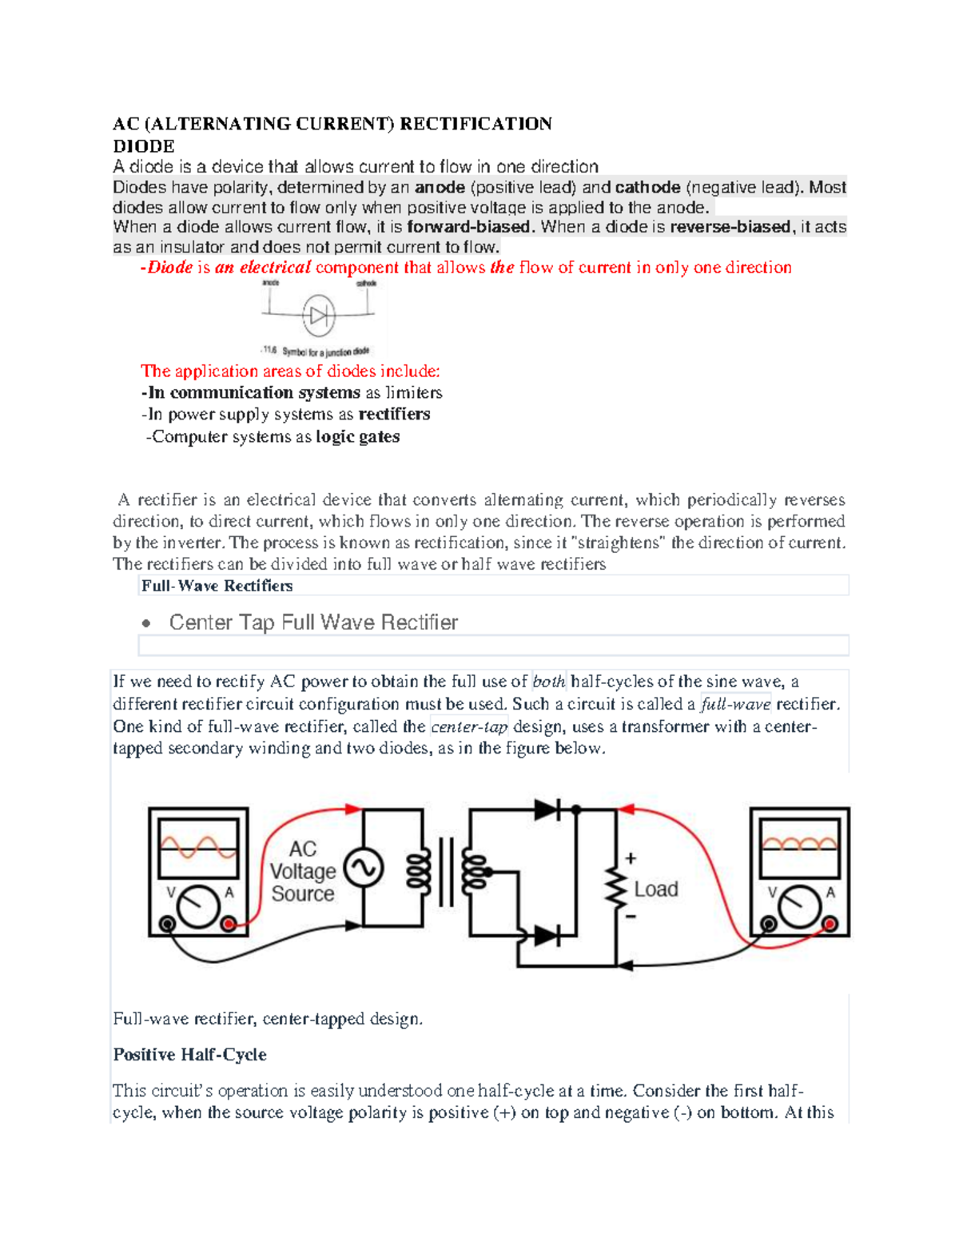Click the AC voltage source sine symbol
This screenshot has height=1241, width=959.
coord(364,869)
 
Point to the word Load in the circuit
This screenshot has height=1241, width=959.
coord(655,889)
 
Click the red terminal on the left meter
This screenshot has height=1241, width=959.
coord(229,925)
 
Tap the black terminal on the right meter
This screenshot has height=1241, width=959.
coord(769,925)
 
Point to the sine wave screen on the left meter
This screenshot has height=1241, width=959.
coord(199,847)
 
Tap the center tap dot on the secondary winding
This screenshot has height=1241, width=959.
coord(488,871)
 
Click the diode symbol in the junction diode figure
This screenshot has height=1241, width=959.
coord(319,316)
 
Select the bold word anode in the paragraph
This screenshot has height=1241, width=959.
coord(440,188)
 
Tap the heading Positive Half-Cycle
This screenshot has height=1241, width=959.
coord(190,1055)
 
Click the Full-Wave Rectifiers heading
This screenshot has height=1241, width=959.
coord(217,586)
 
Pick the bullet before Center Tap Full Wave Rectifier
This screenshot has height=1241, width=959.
coord(145,623)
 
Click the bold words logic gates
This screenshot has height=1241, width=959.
coord(358,437)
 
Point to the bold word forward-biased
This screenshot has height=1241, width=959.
coord(468,227)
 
